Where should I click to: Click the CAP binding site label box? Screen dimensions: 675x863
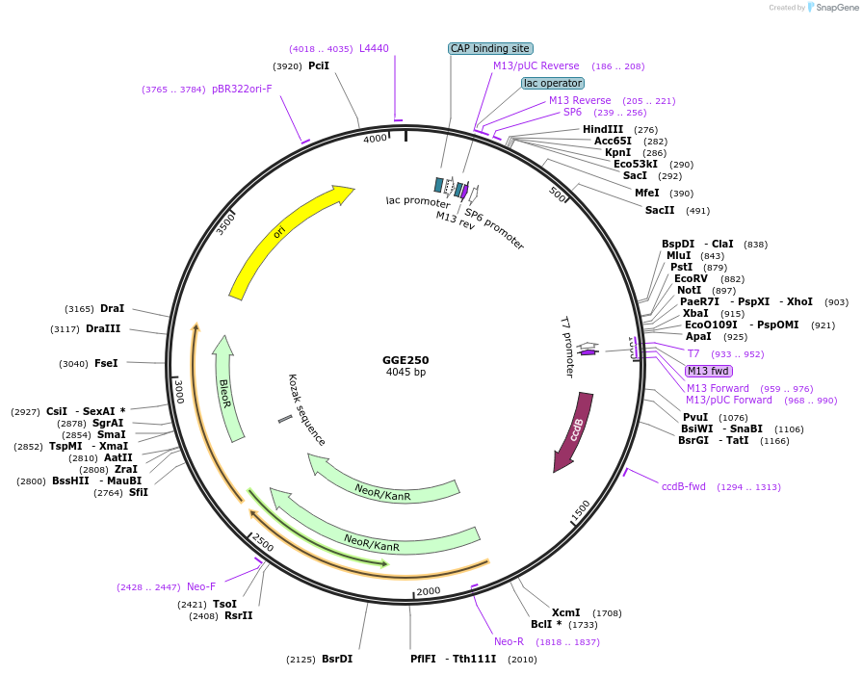490,48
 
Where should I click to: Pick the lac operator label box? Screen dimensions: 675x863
553,83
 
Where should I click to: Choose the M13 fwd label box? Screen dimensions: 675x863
708,371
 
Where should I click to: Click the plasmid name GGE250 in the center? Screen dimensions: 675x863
405,360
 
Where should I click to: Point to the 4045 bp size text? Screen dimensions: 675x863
405,372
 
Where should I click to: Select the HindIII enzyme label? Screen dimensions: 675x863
603,129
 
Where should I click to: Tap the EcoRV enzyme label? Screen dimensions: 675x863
691,278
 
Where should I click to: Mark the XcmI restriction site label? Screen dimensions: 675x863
565,612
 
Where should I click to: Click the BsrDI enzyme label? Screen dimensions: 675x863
337,660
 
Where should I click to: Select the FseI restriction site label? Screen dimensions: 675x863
106,363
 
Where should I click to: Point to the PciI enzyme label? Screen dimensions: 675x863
319,66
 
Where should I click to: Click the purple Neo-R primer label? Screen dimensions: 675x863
509,641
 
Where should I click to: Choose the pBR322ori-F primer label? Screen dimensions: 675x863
242,89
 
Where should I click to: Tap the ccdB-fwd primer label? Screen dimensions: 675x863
684,486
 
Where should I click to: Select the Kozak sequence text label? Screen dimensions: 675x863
306,409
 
